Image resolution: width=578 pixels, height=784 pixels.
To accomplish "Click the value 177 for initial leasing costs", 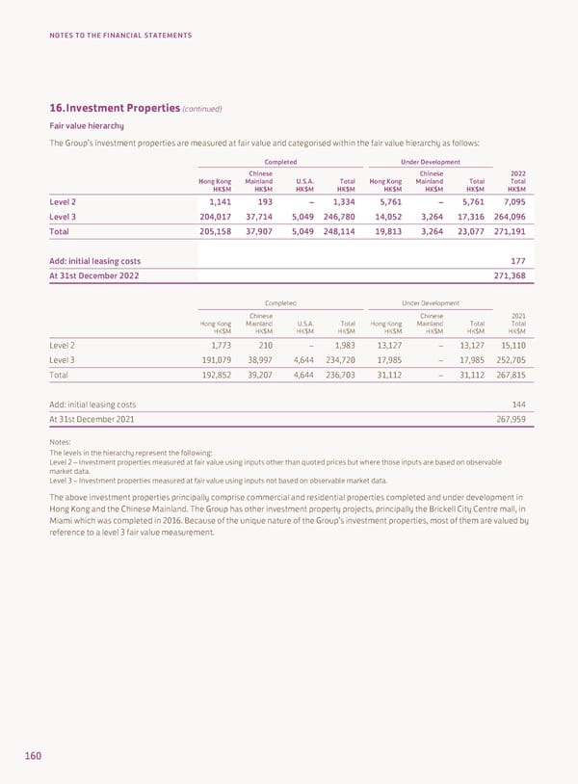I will click(516, 261).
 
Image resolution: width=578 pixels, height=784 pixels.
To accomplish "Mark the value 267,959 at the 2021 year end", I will click(509, 419).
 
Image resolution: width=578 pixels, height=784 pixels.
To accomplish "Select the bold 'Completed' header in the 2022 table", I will click(279, 162).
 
